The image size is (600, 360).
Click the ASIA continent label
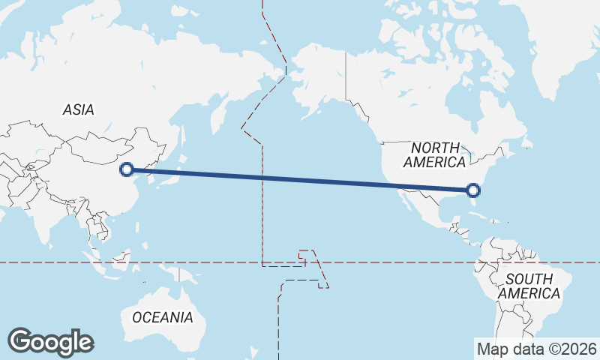coord(79,109)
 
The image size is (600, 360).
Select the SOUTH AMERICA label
coord(529,286)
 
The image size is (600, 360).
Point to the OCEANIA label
coord(163,317)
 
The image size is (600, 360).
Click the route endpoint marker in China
coord(127,169)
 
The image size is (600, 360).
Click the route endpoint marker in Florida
coord(473,190)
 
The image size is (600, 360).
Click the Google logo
coord(50,341)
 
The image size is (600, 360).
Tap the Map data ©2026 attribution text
coord(537,349)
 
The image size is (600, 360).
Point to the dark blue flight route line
coord(300,180)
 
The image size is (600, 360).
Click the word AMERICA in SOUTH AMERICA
coord(529,293)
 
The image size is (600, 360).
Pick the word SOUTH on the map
coord(529,279)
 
